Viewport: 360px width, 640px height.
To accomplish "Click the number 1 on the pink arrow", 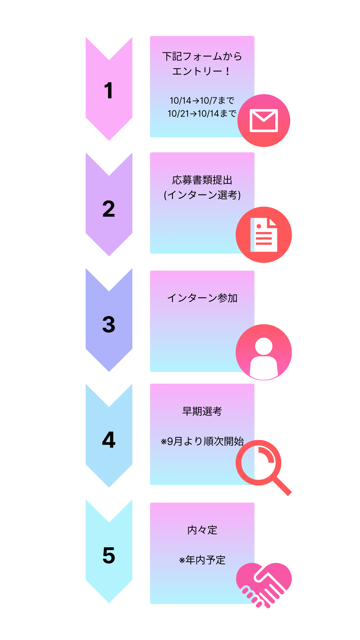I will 109,90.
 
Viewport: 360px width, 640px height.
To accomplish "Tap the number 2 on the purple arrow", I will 109,209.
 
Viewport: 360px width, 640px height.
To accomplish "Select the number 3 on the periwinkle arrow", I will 109,324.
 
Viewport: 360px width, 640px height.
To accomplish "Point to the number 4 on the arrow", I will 109,440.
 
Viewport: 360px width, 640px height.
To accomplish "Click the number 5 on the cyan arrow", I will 109,555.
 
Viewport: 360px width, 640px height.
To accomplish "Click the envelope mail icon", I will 264,120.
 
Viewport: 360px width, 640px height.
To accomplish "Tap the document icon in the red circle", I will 264,235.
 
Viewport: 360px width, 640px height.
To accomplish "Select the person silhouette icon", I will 264,353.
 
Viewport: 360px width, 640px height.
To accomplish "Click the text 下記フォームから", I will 202,56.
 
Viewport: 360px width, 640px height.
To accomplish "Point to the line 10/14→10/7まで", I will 202,100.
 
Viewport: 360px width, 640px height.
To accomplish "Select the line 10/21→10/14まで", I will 202,114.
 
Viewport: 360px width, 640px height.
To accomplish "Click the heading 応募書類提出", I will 202,180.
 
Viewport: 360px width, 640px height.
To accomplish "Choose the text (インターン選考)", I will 202,195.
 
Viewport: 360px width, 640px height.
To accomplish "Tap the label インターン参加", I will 202,298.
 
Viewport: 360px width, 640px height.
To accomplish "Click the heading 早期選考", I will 202,411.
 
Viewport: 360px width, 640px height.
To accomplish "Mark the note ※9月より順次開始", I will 202,441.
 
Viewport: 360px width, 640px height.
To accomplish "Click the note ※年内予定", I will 202,560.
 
